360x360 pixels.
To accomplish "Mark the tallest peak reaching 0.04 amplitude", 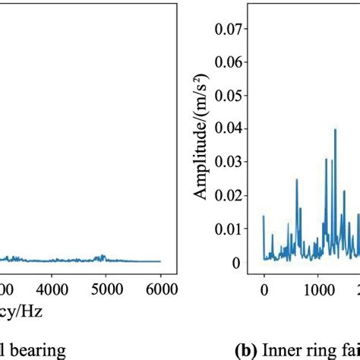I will click(x=335, y=131).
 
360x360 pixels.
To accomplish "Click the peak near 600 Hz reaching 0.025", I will click(x=297, y=180).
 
